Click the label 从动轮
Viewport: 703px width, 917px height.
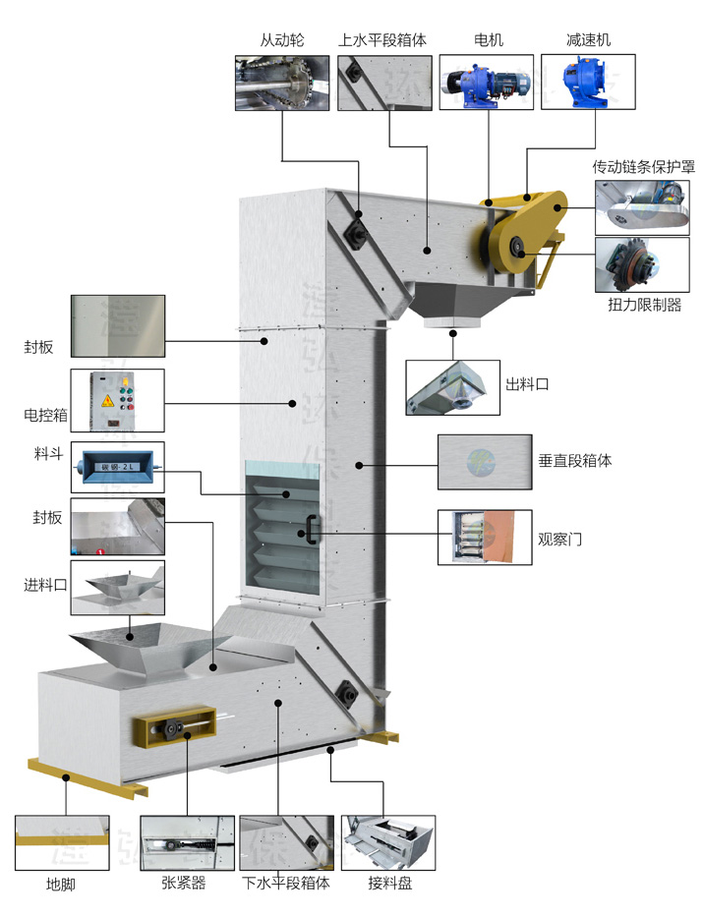[x=283, y=40]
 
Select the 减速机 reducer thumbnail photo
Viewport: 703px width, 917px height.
[x=588, y=82]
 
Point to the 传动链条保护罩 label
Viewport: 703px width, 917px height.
[x=643, y=167]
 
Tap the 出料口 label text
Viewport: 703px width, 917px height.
[x=527, y=383]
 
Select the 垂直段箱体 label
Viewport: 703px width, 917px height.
[x=575, y=459]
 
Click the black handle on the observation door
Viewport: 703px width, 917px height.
[x=312, y=530]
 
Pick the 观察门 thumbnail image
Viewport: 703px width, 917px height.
[x=484, y=537]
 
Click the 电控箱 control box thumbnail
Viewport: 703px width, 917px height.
[x=117, y=400]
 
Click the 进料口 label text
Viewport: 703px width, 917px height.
[x=45, y=585]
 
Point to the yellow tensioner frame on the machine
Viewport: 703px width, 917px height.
[x=172, y=728]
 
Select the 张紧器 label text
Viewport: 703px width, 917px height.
[x=184, y=883]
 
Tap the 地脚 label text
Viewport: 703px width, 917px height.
[x=60, y=884]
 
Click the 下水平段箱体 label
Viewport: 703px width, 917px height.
[x=286, y=883]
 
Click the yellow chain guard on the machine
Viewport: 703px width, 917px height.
[x=523, y=231]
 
